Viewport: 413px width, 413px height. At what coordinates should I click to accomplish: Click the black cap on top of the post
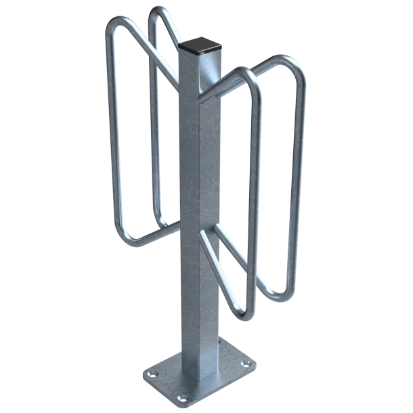coord(201,47)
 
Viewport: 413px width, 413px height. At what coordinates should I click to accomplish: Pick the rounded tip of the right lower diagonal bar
coord(204,237)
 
